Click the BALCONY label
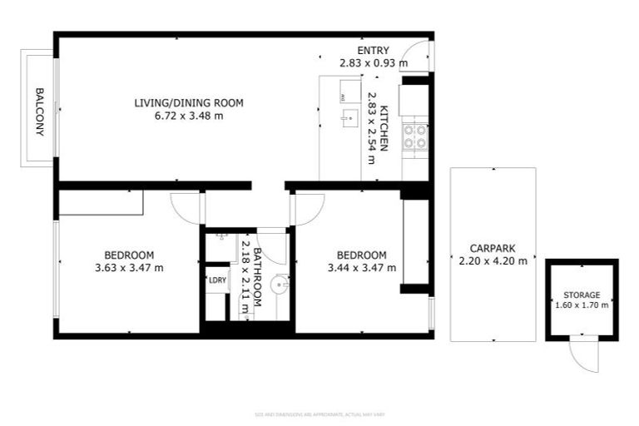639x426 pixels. coord(38,111)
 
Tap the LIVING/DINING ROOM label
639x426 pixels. coord(189,103)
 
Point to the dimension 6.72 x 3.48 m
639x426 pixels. coord(189,116)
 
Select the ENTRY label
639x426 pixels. coord(373,51)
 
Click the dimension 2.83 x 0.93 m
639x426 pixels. coord(373,62)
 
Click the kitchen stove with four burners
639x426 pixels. coord(414,136)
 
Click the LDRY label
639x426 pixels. coord(217,280)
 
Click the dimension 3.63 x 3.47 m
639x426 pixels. coord(129,267)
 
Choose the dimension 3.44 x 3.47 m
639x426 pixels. coord(361,267)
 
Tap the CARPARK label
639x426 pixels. coord(493,248)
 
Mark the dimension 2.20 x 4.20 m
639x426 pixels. coord(493,260)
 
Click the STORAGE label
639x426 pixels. coord(582,295)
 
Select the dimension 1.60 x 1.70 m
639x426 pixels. coord(582,305)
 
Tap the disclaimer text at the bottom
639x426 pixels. coord(319,414)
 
